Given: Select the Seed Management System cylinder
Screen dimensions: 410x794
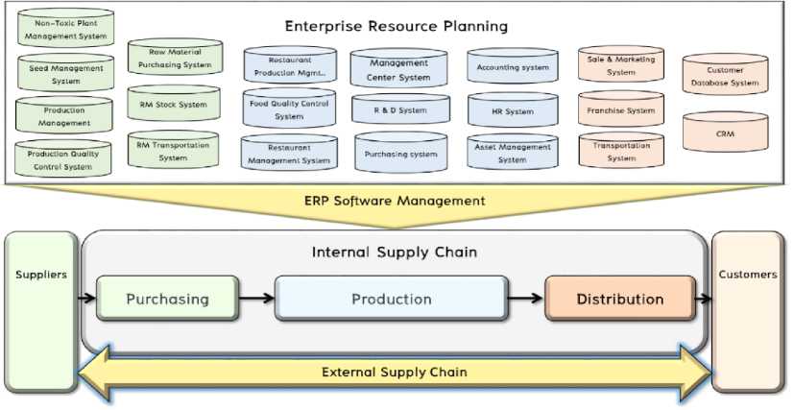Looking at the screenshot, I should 66,74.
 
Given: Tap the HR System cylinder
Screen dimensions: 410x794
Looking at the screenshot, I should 512,111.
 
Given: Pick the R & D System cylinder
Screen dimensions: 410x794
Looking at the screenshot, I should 399,110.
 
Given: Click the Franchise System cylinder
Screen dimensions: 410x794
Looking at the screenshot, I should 621,110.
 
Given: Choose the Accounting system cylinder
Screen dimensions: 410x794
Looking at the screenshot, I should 512,67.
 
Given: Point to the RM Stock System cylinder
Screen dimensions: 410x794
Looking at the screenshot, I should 173,105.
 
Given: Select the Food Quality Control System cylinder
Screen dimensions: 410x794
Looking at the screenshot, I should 289,109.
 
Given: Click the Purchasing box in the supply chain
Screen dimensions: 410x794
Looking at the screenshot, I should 167,299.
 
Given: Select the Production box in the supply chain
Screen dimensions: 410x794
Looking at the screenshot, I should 391,299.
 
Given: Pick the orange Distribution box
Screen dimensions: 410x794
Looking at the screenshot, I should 619,299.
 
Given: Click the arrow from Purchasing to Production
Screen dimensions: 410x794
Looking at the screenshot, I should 256,299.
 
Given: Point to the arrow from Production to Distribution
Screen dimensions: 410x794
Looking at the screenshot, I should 526,299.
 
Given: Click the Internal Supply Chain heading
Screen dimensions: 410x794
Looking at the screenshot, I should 394,253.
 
